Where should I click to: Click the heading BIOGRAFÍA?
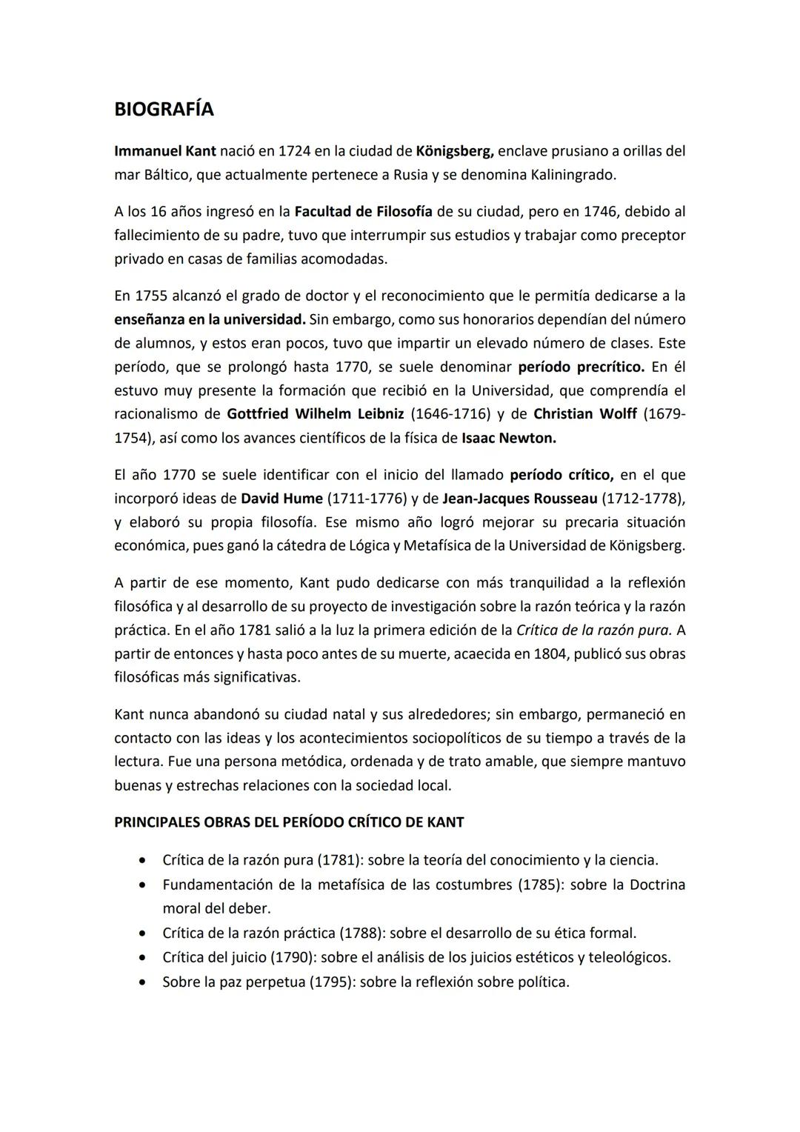164,109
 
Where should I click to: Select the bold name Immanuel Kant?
165,151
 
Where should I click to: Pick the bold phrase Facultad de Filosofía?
363,211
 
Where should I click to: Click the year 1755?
150,296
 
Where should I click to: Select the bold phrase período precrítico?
581,367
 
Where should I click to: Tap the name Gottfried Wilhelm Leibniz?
316,413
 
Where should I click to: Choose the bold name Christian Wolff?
584,413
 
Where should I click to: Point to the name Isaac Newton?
508,438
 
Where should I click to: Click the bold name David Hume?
281,498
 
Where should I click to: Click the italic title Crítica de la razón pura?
593,630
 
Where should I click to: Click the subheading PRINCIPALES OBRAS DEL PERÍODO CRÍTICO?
289,822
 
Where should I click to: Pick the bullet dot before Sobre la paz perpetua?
141,982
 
